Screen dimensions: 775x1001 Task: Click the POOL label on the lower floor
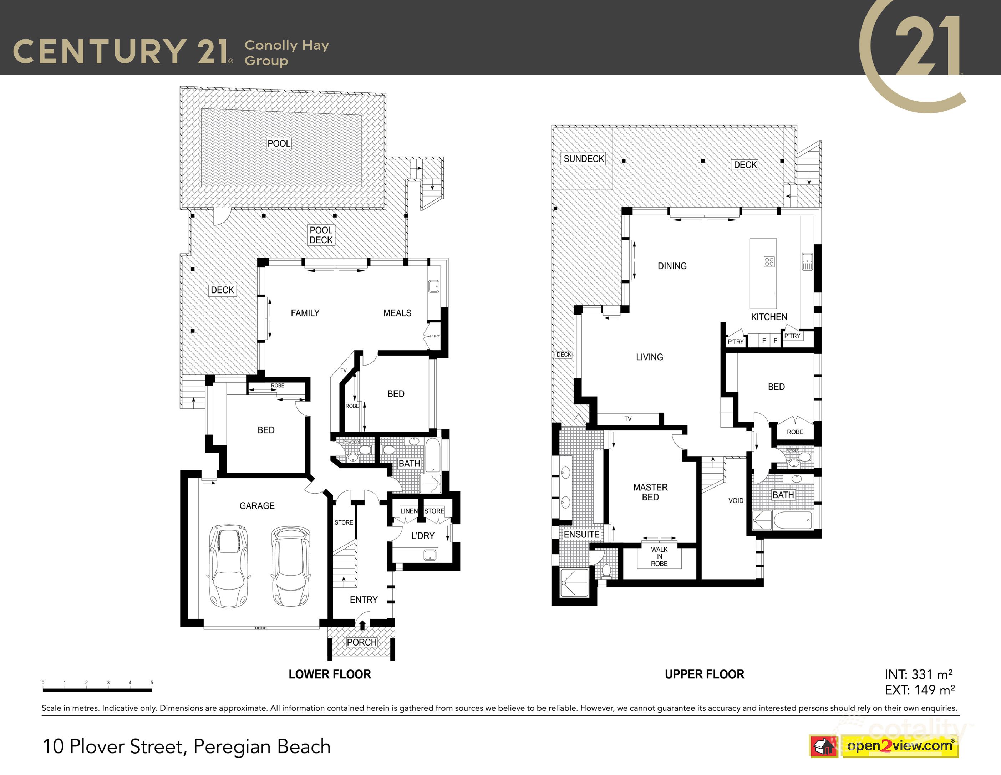tap(279, 143)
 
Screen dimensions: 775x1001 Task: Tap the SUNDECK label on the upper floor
tap(584, 159)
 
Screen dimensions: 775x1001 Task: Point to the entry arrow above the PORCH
tap(362, 625)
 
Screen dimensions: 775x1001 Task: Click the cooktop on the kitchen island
tap(769, 262)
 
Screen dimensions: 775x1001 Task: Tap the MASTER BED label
tap(650, 492)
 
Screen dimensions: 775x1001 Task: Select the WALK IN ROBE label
tap(659, 556)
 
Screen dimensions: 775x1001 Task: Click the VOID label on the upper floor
tap(736, 500)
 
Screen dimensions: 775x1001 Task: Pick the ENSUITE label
tap(581, 534)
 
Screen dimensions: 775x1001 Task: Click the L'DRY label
tap(423, 536)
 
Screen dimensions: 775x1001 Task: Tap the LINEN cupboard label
tap(409, 511)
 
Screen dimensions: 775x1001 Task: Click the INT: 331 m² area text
tap(919, 675)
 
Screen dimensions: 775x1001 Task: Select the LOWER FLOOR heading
tap(330, 674)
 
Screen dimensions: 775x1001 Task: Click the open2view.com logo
tap(899, 746)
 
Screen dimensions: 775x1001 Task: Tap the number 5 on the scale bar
tap(152, 682)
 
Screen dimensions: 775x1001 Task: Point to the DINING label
tap(672, 266)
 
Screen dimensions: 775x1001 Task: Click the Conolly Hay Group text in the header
tap(286, 53)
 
